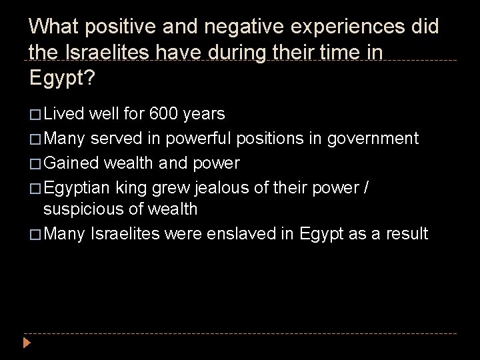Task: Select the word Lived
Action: pyautogui.click(x=61, y=114)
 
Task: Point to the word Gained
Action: pyautogui.click(x=67, y=162)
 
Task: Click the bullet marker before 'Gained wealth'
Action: pyautogui.click(x=35, y=163)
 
